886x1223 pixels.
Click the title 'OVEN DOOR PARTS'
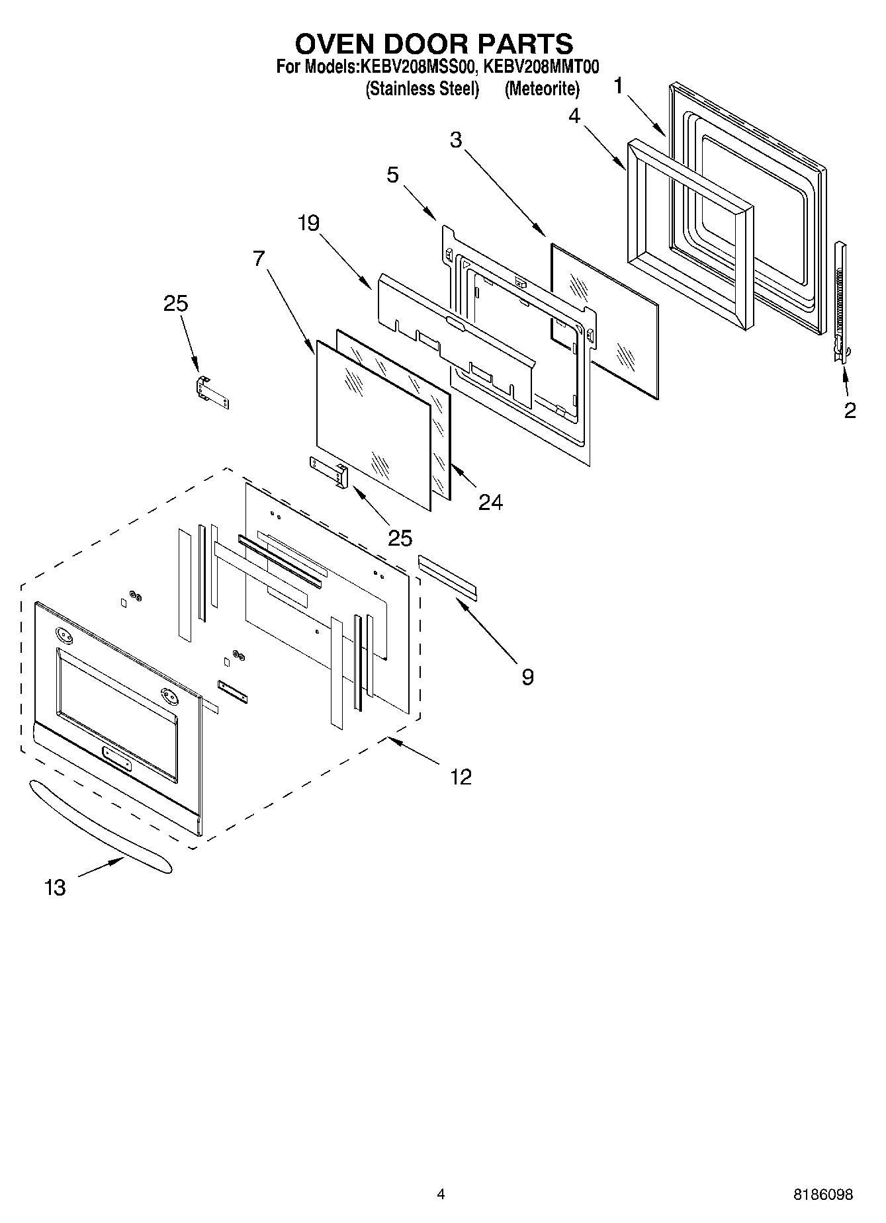pos(433,44)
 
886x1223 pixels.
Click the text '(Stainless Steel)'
pos(422,89)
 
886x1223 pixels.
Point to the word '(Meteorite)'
pos(542,89)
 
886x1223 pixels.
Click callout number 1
pos(618,86)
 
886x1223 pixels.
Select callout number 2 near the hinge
pos(850,410)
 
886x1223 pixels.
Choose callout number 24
pos(490,502)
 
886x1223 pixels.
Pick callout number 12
pos(461,776)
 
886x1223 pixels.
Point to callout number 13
pos(55,887)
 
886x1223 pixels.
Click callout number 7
pos(259,258)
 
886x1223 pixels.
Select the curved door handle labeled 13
pos(99,827)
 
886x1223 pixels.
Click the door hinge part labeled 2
pos(840,301)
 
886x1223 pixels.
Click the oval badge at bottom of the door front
pos(116,759)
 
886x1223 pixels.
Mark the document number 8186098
pos(822,1195)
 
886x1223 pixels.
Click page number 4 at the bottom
pos(441,1194)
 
